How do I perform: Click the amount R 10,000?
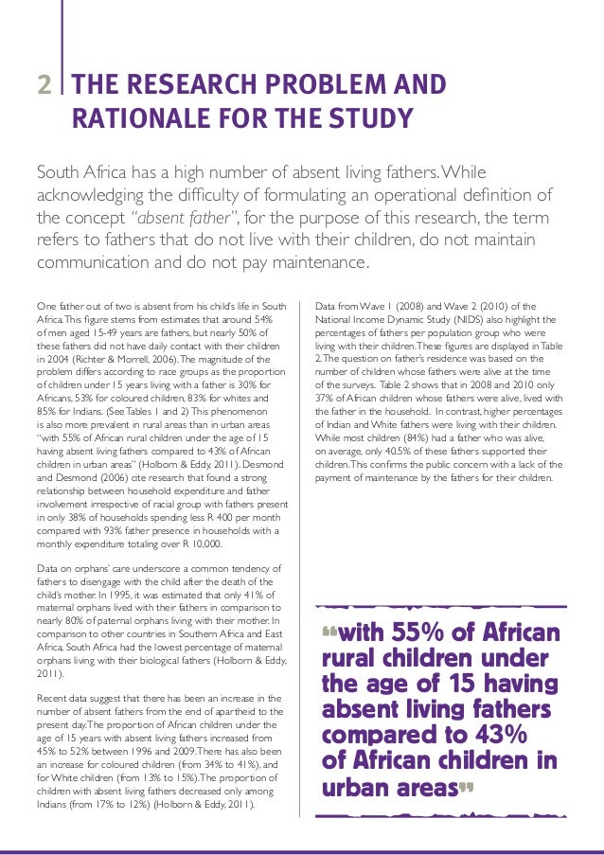tap(199, 544)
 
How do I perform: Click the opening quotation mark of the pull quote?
tap(329, 629)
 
